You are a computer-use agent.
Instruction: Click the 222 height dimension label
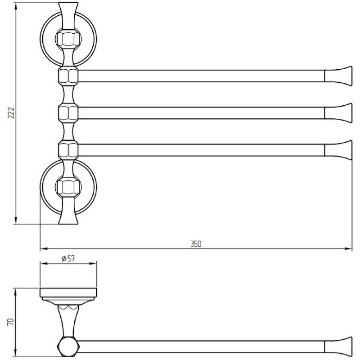[x=11, y=113]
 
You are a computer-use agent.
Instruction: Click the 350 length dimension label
[x=196, y=243]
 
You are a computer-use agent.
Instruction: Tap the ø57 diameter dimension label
[x=68, y=258]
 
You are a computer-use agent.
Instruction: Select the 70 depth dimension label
[x=11, y=322]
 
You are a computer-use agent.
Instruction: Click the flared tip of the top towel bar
[x=338, y=76]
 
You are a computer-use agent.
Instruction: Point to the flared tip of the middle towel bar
[x=338, y=113]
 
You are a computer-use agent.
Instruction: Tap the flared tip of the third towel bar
[x=338, y=150]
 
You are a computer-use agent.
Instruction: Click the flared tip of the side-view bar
[x=338, y=347]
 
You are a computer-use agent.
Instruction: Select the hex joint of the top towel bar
[x=68, y=76]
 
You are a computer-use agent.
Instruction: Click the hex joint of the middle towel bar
[x=68, y=113]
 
